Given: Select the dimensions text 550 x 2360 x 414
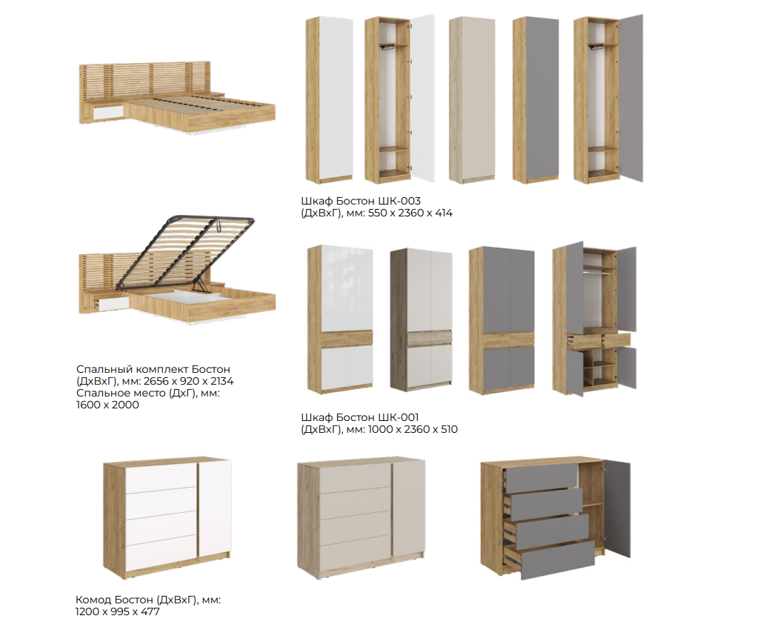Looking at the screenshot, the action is click(x=410, y=213).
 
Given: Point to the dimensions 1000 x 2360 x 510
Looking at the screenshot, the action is click(x=413, y=429).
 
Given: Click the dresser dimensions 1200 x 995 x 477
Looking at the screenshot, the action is click(x=117, y=611).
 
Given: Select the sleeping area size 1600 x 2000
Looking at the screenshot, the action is click(x=107, y=405).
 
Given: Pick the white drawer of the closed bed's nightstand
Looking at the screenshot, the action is click(x=109, y=113).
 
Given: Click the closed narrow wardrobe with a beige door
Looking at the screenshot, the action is click(x=472, y=100).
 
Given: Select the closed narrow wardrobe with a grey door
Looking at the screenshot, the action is click(x=536, y=100).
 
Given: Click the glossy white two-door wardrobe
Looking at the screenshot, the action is click(x=341, y=319).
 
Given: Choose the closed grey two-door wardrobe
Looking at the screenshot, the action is click(x=501, y=319).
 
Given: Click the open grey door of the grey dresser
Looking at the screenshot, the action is click(x=617, y=508).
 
